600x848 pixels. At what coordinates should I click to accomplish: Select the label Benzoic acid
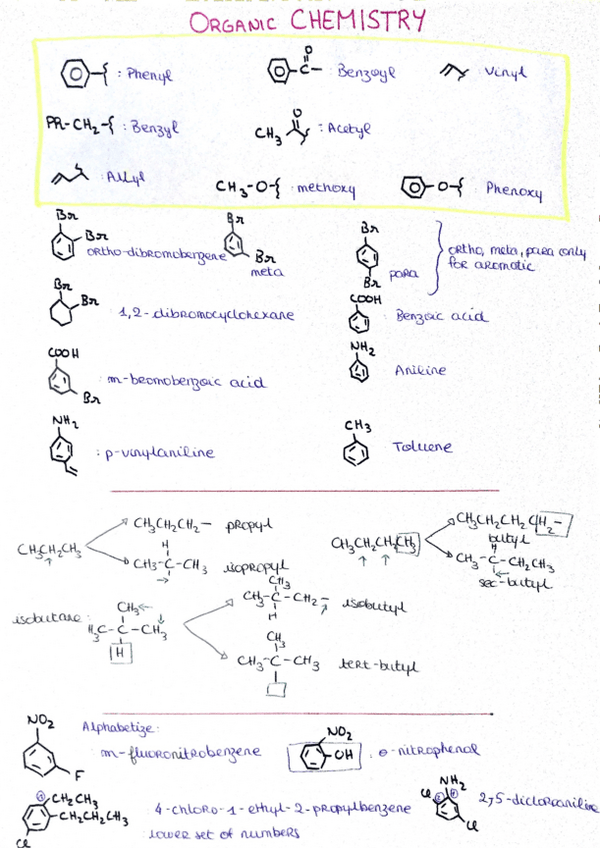click(x=442, y=317)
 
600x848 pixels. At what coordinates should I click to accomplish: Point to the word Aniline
click(x=420, y=371)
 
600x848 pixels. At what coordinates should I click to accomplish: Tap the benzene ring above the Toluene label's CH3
click(x=356, y=454)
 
